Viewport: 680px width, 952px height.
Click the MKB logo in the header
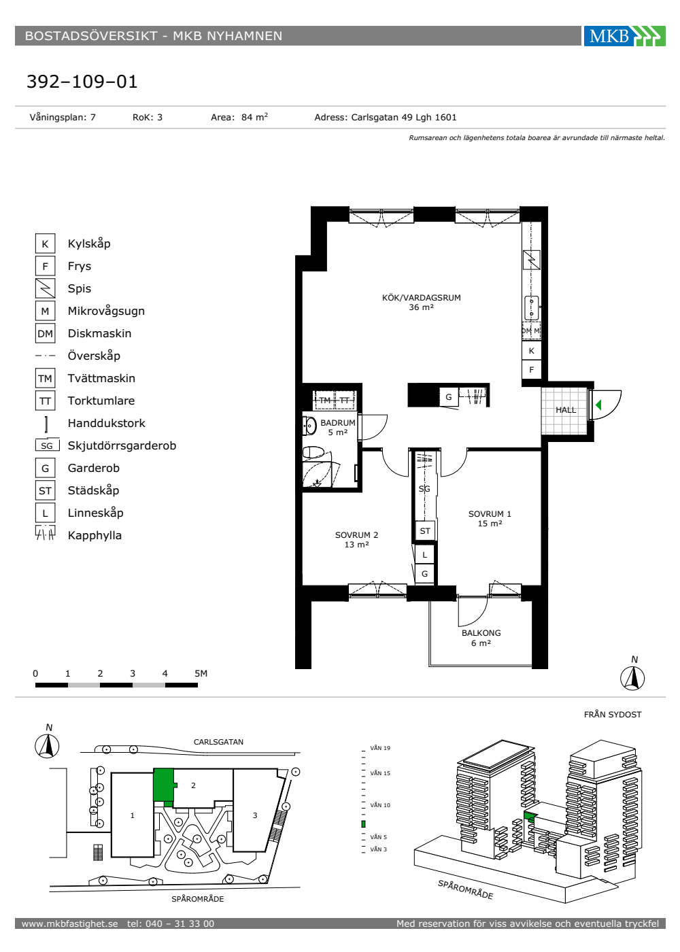point(624,35)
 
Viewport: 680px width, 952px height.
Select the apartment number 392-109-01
point(82,82)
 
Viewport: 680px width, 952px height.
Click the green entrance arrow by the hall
point(598,405)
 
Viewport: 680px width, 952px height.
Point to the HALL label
point(566,410)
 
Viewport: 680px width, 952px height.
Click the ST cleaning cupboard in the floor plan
point(425,531)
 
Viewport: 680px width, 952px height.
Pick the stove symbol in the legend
point(45,288)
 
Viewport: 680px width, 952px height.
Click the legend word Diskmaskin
point(99,333)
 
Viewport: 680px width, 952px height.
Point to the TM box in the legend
point(45,378)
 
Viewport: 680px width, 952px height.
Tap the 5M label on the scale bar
point(201,673)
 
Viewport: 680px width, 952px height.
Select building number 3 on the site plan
point(255,815)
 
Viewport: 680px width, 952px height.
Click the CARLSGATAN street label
point(218,742)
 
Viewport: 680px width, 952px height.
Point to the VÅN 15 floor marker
point(380,773)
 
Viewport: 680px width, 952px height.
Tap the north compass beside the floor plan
point(632,679)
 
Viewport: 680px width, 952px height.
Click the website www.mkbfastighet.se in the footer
point(69,923)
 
